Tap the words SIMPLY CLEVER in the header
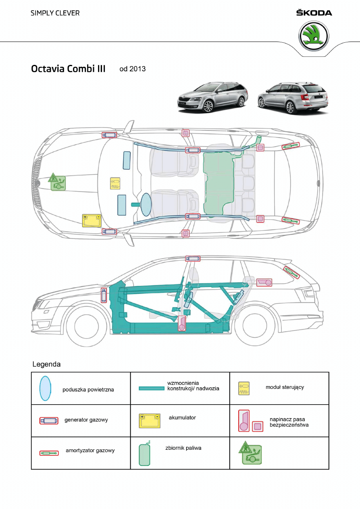coord(55,13)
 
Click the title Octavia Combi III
coord(68,69)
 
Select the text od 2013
coord(133,69)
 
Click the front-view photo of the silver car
coord(212,97)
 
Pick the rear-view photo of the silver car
coord(293,98)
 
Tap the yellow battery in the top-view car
coord(92,220)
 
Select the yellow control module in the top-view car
coord(115,183)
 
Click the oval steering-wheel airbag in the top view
coord(146,203)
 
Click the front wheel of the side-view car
coord(86,327)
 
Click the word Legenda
coord(46,364)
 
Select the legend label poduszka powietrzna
coord(88,390)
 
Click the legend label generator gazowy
coord(86,420)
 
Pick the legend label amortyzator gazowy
coord(90,451)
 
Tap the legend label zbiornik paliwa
coord(183,448)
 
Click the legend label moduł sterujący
coord(285,387)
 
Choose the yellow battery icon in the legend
coord(149,420)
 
